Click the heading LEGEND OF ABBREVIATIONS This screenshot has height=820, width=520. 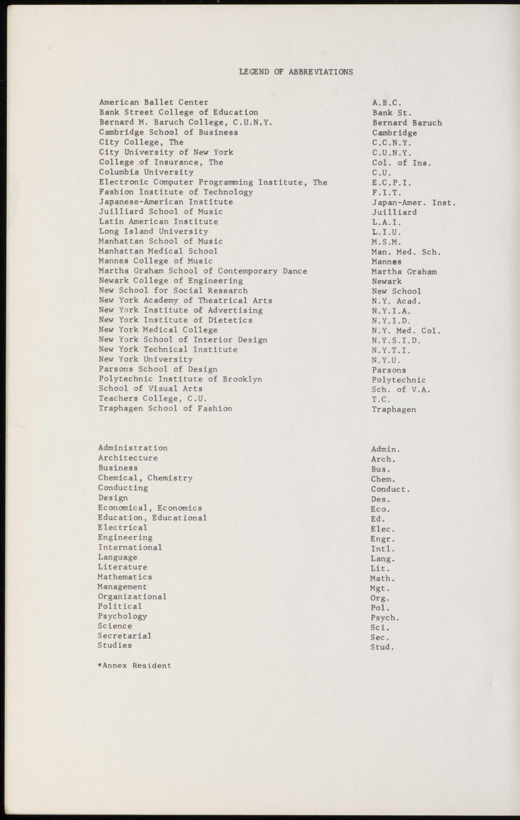296,72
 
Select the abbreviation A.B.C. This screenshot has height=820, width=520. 387,102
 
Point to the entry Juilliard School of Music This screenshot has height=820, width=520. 161,212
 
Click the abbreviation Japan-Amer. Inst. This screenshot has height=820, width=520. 414,203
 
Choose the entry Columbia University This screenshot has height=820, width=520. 146,172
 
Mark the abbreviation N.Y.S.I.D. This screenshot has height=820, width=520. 396,340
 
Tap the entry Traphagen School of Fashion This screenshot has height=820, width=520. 165,408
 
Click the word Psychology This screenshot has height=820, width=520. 122,616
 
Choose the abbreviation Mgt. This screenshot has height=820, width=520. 380,588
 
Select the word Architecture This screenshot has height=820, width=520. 128,458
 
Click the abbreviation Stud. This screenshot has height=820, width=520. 382,647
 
